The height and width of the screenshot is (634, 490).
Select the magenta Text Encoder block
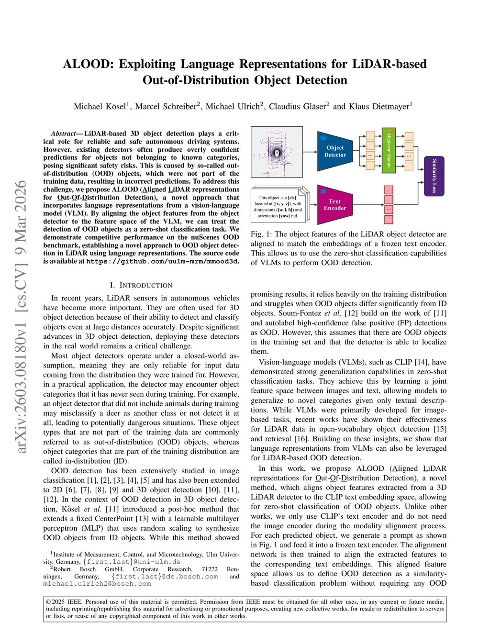pyautogui.click(x=335, y=205)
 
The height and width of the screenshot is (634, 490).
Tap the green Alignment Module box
pyautogui.click(x=389, y=150)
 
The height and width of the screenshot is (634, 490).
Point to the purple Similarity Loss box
pyautogui.click(x=434, y=176)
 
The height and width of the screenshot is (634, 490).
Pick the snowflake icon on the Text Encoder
pyautogui.click(x=323, y=191)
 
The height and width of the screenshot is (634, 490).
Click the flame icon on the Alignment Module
pyautogui.click(x=391, y=130)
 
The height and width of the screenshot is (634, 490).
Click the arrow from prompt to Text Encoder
pyautogui.click(x=313, y=205)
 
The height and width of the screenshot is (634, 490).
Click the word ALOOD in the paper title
pyautogui.click(x=88, y=64)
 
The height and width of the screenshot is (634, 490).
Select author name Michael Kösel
pyautogui.click(x=100, y=106)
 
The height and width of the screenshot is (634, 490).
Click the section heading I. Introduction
pyautogui.click(x=141, y=285)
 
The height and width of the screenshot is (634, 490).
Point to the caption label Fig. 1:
pyautogui.click(x=261, y=234)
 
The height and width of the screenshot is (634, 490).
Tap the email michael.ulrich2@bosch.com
pyautogui.click(x=97, y=584)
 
